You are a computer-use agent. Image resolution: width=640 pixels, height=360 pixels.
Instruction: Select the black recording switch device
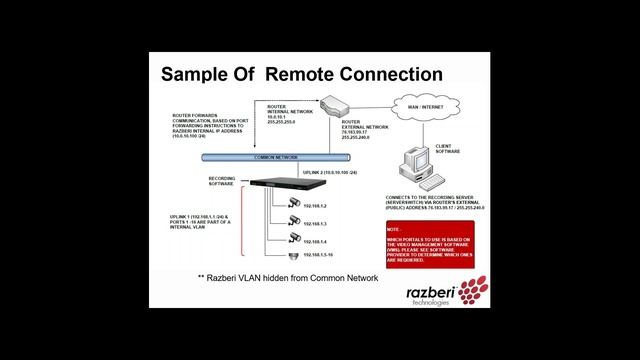click(x=283, y=183)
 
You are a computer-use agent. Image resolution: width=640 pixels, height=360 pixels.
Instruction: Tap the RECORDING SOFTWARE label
click(x=222, y=183)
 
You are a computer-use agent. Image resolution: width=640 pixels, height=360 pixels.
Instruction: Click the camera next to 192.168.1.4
click(x=292, y=239)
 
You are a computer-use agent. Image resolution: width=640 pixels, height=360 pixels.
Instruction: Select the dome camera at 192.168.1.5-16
click(x=292, y=256)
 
